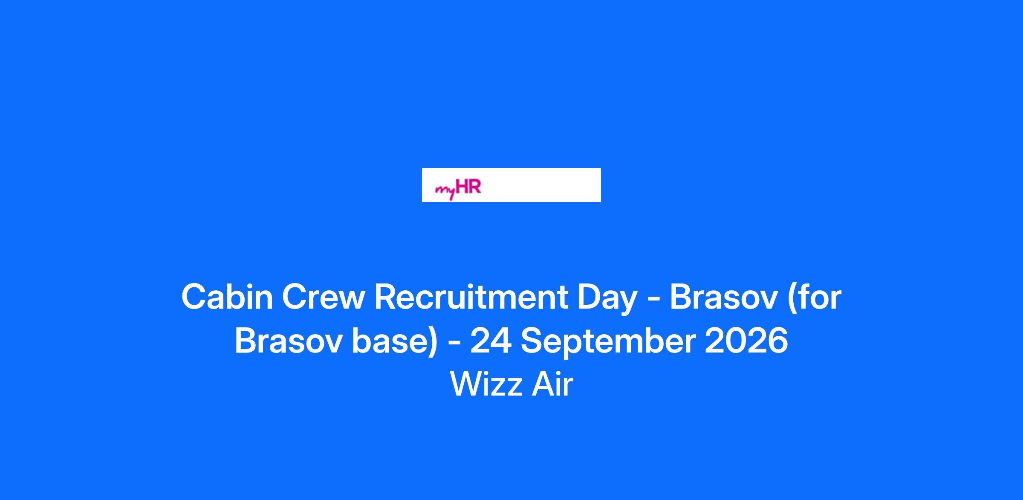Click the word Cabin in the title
[227, 297]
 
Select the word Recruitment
[471, 297]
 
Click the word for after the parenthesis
[819, 297]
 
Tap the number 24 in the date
[491, 341]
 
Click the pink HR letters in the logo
[468, 186]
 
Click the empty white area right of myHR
[541, 185]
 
